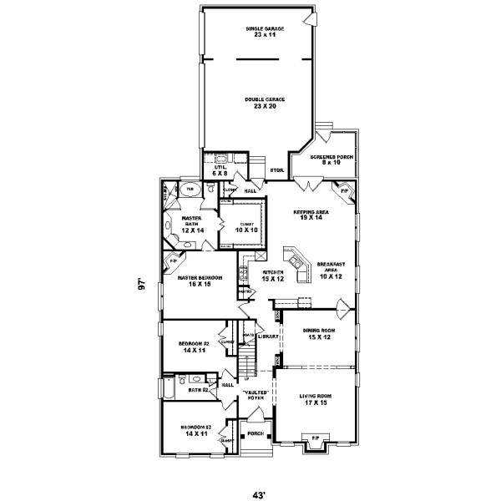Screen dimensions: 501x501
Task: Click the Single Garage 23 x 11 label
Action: (259, 32)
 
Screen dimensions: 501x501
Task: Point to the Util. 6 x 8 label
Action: (220, 170)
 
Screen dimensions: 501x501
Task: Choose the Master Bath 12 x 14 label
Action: (193, 224)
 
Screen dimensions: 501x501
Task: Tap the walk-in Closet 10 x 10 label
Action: (247, 226)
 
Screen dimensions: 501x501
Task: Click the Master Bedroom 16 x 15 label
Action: (199, 281)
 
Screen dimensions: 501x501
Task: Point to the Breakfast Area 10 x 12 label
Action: (331, 270)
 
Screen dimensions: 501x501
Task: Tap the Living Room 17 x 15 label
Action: (316, 400)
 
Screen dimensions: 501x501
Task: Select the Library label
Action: (267, 337)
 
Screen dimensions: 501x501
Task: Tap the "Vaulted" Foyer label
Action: (255, 395)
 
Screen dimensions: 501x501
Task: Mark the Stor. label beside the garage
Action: (276, 170)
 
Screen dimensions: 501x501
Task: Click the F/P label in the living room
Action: (315, 438)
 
